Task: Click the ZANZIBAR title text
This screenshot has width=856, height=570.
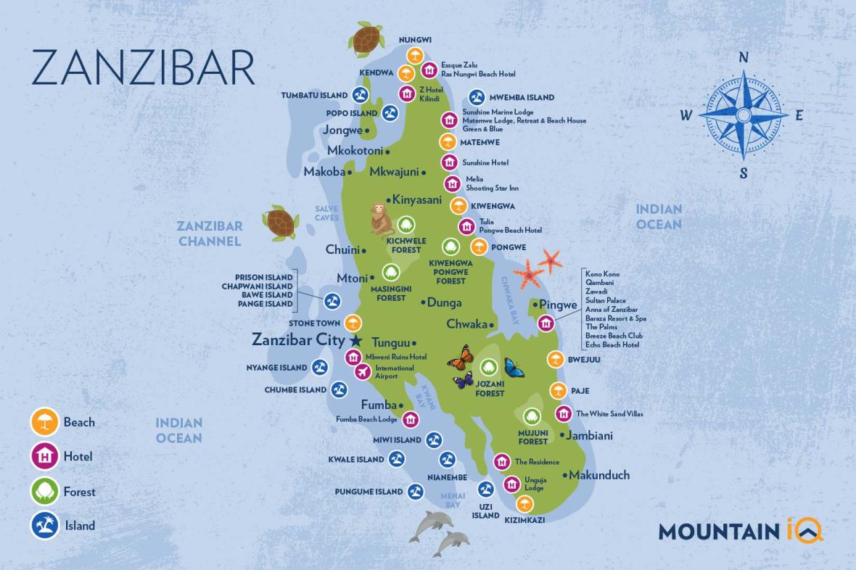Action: tap(143, 68)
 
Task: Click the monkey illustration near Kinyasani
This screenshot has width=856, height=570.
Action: tap(378, 218)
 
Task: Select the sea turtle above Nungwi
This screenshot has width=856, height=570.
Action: tap(367, 38)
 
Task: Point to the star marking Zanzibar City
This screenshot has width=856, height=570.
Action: tap(355, 339)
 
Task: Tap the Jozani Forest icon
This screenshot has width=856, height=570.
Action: tap(490, 368)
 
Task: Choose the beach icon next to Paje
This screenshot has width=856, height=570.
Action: tap(557, 391)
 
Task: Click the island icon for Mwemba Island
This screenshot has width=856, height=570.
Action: tap(477, 97)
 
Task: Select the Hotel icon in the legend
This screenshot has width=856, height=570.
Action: tap(44, 457)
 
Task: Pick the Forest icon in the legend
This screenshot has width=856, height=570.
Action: tap(44, 492)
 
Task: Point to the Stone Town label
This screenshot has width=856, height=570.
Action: tap(315, 323)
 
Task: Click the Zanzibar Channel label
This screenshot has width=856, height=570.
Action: tap(210, 234)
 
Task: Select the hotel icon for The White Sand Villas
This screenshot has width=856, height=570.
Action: tap(564, 413)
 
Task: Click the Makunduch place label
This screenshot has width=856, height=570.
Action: tap(598, 475)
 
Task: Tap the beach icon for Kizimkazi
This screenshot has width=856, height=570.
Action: tap(524, 504)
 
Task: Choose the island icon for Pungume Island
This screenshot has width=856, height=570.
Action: tap(415, 492)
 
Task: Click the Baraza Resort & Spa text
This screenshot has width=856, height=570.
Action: tap(615, 318)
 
